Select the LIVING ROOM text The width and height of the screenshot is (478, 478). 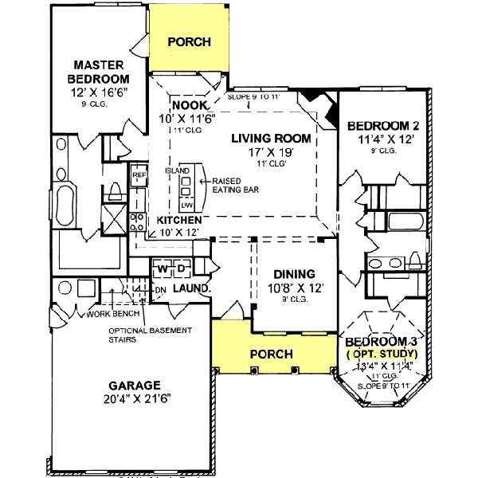271,138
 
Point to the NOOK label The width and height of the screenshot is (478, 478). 190,105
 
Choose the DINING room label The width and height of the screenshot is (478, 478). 295,273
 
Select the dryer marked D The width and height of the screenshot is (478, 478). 181,268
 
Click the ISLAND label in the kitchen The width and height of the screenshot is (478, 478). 177,171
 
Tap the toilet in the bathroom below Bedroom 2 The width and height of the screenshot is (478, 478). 415,261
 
